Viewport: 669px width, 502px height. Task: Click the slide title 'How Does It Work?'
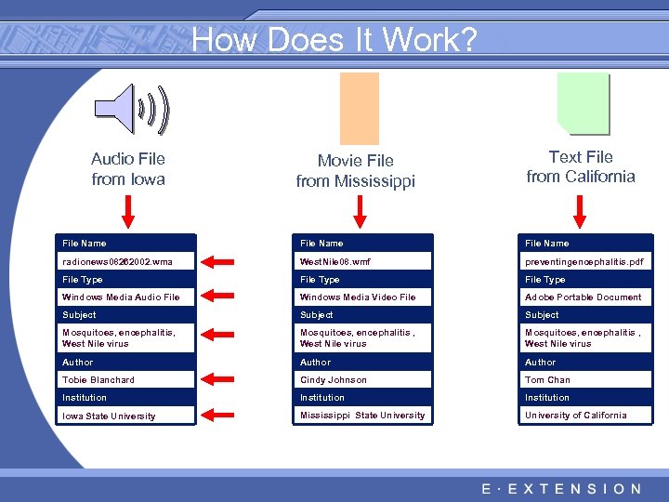(334, 40)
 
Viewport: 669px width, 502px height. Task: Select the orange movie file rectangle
(359, 108)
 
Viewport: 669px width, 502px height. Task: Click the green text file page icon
(582, 103)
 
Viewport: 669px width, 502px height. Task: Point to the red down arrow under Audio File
(128, 211)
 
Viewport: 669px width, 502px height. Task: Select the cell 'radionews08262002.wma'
(127, 262)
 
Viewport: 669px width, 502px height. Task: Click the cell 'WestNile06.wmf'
(364, 262)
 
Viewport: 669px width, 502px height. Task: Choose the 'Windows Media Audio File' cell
(127, 297)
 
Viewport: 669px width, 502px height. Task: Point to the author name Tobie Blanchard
(127, 380)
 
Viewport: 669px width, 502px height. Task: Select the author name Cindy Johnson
(364, 380)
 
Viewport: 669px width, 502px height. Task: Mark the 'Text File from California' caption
(581, 167)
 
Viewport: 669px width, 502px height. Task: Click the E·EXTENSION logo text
(561, 489)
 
